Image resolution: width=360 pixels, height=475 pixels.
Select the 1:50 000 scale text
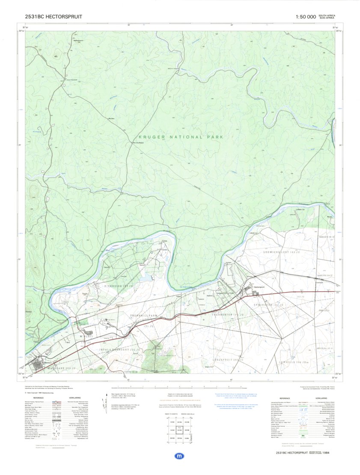[x=306, y=17]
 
